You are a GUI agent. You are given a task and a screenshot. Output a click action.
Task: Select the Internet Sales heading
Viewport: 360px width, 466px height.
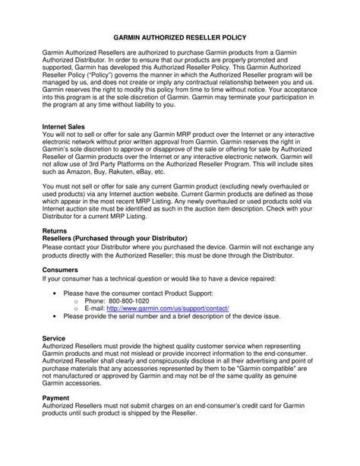pyautogui.click(x=68, y=126)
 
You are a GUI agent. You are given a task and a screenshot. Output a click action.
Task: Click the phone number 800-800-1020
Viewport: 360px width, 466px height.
pyautogui.click(x=142, y=301)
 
